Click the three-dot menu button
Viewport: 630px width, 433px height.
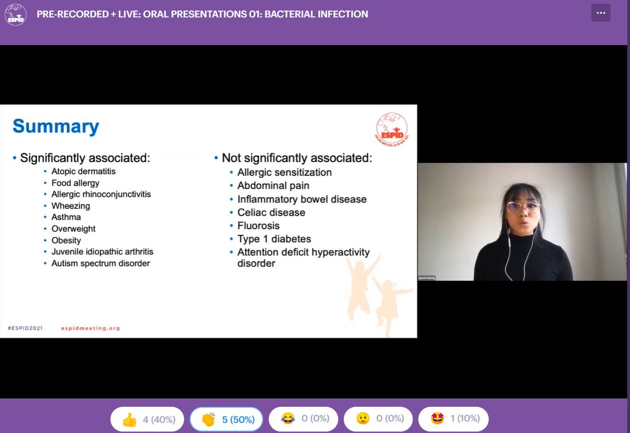pyautogui.click(x=601, y=13)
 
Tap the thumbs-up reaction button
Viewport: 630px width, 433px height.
pyautogui.click(x=146, y=419)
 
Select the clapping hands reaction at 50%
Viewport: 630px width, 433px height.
pyautogui.click(x=226, y=419)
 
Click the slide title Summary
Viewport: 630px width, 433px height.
pyautogui.click(x=56, y=127)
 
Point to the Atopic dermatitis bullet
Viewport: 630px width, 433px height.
pyautogui.click(x=83, y=171)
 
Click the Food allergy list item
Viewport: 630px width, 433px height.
pyautogui.click(x=75, y=183)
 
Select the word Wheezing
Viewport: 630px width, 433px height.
pyautogui.click(x=71, y=206)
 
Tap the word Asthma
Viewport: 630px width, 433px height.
pyautogui.click(x=66, y=217)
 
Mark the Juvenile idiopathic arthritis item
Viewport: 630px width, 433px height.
pyautogui.click(x=102, y=252)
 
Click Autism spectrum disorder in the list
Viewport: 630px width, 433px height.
pyautogui.click(x=100, y=263)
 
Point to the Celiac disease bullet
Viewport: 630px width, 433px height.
pyautogui.click(x=271, y=213)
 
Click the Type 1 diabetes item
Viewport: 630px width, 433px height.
pyautogui.click(x=274, y=239)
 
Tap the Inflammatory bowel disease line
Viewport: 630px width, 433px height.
pyautogui.click(x=302, y=199)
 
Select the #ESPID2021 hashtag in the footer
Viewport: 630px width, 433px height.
pyautogui.click(x=25, y=328)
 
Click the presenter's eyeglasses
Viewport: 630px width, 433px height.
pyautogui.click(x=523, y=207)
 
